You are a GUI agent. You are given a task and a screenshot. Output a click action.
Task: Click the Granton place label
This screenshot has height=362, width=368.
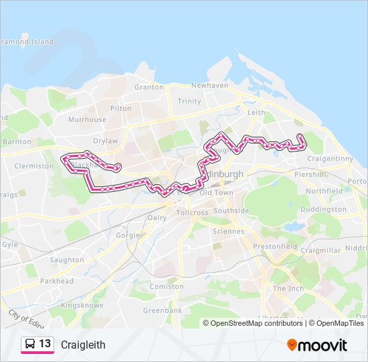tap(149, 87)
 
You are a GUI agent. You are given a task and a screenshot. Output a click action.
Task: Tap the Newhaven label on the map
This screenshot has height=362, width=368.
tap(209, 86)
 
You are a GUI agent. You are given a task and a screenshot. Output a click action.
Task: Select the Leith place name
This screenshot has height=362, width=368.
tap(256, 113)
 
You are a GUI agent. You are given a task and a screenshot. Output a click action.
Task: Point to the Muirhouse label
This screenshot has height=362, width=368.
tap(87, 120)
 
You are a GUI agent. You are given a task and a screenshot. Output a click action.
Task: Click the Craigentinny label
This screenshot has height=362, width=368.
tap(331, 158)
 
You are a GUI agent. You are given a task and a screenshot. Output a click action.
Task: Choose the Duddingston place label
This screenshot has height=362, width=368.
tap(324, 209)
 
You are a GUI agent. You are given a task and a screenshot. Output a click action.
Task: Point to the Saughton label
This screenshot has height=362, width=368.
tap(67, 260)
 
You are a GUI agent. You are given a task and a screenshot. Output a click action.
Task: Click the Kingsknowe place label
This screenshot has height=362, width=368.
tap(80, 305)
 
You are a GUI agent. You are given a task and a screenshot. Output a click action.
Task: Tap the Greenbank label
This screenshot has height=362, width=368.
tap(162, 311)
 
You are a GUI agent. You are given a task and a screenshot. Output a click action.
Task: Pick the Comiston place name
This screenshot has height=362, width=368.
tap(167, 287)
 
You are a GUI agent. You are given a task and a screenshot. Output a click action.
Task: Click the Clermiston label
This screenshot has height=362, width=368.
tap(33, 166)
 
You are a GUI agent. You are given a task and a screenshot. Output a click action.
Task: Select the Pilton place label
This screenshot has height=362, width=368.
tap(121, 108)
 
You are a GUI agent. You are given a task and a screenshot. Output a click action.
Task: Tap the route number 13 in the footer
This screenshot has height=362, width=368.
tap(45, 344)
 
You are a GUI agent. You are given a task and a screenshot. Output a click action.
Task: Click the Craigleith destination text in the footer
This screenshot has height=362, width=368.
tap(83, 345)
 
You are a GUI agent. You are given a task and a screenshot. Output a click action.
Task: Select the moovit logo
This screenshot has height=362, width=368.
tap(316, 345)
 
